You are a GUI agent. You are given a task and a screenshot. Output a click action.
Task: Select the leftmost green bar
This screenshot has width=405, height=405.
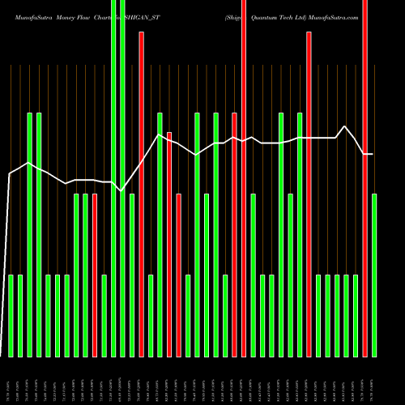click(11, 316)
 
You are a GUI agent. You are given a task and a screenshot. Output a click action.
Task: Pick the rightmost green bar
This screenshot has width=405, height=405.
click(374, 275)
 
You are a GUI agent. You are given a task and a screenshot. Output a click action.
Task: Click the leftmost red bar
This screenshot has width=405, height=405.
click(95, 275)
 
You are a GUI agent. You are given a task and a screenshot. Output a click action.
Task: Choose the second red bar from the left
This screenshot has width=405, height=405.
click(141, 194)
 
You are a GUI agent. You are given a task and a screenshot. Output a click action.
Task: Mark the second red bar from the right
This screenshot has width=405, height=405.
click(309, 194)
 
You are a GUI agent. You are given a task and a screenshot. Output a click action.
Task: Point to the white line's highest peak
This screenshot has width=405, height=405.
click(346, 126)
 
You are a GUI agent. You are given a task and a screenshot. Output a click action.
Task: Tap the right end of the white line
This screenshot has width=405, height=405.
click(373, 154)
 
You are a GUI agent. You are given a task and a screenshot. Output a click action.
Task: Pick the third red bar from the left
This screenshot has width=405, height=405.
click(169, 243)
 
